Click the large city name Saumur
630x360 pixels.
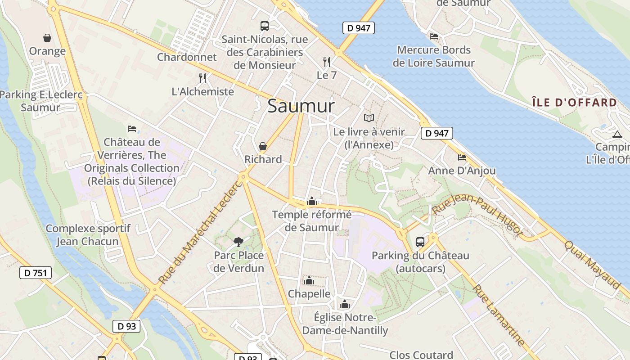click(x=301, y=106)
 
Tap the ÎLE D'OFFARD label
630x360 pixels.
click(x=574, y=103)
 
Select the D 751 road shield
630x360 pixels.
click(x=36, y=273)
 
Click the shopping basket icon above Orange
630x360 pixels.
click(x=47, y=38)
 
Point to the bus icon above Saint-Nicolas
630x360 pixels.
click(x=265, y=26)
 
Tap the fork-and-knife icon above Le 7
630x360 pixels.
click(x=327, y=62)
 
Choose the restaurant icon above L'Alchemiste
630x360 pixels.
click(x=202, y=78)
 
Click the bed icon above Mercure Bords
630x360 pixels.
click(x=434, y=36)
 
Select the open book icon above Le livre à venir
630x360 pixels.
click(x=369, y=118)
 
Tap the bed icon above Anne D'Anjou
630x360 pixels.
click(x=462, y=157)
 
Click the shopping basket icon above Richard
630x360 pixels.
click(x=263, y=146)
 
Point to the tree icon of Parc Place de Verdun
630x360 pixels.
click(x=238, y=242)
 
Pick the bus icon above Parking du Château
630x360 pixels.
click(x=420, y=242)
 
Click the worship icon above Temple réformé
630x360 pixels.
click(x=311, y=201)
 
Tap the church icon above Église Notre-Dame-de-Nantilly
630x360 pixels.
click(x=345, y=304)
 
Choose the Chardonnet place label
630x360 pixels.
click(x=187, y=57)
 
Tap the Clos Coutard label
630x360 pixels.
click(x=421, y=355)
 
